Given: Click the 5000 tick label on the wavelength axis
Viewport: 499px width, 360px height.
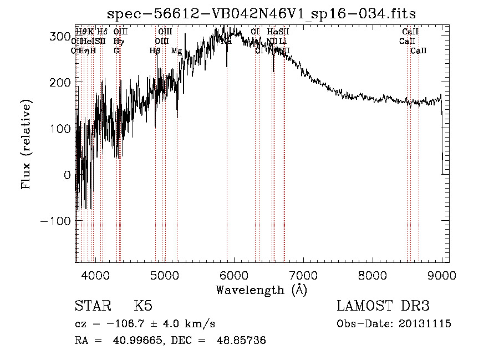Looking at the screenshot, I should click(x=164, y=275).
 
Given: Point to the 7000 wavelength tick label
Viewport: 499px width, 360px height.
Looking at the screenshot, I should click(x=303, y=275).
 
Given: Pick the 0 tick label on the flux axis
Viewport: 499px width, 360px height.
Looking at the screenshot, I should click(x=67, y=175).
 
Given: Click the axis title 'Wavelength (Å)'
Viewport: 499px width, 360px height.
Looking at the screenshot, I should click(x=261, y=290).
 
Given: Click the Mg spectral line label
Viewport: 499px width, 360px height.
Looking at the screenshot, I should click(x=176, y=51).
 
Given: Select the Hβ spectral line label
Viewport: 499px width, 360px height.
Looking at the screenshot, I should click(x=155, y=51).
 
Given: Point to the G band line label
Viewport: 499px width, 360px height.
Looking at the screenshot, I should click(x=116, y=51).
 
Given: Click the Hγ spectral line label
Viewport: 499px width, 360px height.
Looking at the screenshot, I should click(x=118, y=41).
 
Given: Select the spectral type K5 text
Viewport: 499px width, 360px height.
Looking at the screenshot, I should click(x=143, y=306).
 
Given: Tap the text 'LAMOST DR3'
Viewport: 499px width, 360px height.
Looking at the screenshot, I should click(x=383, y=306).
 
